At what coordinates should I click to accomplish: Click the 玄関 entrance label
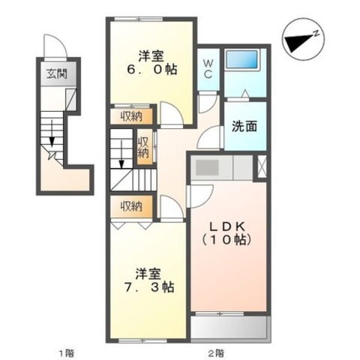tap(57, 74)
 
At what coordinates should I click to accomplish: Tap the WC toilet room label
tap(208, 69)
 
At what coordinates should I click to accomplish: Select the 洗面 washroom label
tap(244, 126)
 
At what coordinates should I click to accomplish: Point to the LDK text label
tap(226, 226)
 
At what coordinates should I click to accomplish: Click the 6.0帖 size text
tap(152, 70)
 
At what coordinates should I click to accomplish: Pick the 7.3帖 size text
tap(149, 287)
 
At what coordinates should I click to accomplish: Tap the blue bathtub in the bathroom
tap(241, 59)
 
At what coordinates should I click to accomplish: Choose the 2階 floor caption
tap(216, 353)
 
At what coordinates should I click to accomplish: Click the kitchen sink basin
tap(207, 167)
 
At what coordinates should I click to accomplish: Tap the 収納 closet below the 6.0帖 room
tap(131, 116)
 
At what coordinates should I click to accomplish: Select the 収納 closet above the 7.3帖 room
tap(131, 206)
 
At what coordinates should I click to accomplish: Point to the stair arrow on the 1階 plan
tap(52, 133)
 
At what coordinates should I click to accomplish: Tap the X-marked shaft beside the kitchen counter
tap(262, 166)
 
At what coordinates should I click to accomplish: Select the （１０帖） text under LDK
tap(226, 240)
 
